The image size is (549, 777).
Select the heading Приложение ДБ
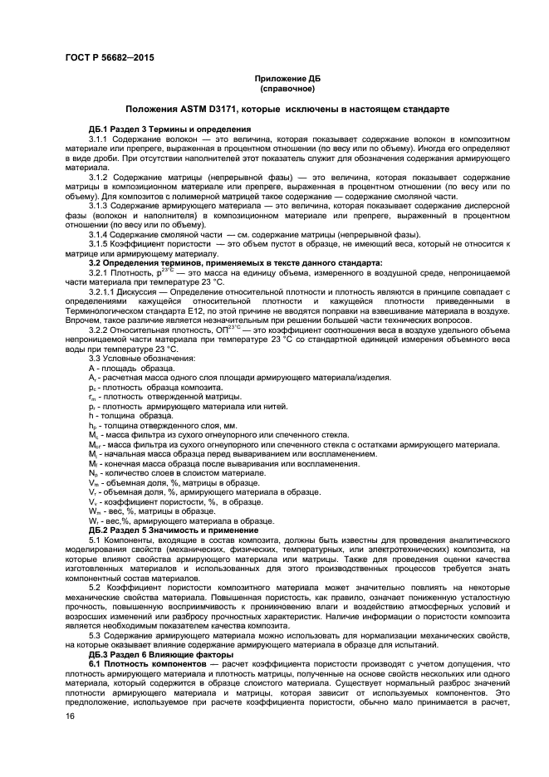286,77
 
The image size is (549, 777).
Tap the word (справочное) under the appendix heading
286,87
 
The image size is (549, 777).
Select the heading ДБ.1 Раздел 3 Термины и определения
169,129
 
